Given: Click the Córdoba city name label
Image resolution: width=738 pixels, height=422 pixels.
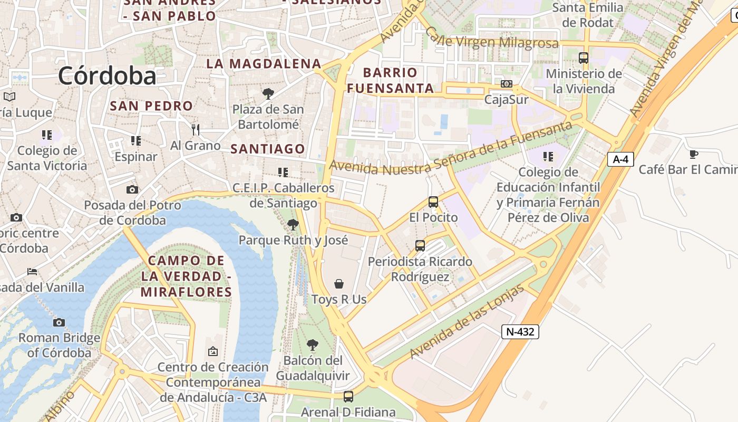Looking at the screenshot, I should click(x=107, y=75).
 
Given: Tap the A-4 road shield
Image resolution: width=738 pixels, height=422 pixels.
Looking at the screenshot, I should click(x=620, y=159).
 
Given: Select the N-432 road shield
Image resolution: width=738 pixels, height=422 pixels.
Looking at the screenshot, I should click(x=520, y=331).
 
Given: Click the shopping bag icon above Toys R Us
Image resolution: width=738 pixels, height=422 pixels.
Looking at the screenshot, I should click(x=339, y=284).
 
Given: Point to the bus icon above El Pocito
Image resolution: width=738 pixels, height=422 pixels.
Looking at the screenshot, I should click(x=433, y=202).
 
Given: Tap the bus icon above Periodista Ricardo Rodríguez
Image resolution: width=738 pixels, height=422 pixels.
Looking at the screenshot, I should click(x=420, y=245).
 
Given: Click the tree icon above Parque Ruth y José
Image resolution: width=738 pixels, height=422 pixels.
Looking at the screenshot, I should click(x=293, y=225).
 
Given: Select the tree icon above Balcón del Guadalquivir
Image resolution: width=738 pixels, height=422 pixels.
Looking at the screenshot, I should click(x=313, y=345).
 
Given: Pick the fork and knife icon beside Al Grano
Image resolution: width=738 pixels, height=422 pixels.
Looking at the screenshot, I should click(x=196, y=129).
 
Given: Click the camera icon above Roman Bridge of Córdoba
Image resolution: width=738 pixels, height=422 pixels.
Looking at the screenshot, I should click(x=59, y=322).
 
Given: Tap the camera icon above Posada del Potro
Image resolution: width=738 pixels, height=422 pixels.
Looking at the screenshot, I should click(x=132, y=189).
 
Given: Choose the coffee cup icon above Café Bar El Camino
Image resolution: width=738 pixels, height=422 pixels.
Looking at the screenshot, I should click(x=694, y=154).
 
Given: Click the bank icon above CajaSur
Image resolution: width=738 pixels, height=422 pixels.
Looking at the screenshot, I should click(x=506, y=84).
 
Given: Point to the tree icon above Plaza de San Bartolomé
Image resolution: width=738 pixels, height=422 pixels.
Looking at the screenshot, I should click(x=268, y=94).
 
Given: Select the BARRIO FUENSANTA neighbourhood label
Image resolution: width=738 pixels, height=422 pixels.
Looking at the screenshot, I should click(x=391, y=80).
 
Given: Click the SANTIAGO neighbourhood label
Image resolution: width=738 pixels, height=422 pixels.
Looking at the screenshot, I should click(x=268, y=149).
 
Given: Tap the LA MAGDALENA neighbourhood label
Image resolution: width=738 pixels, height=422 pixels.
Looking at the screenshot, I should click(x=264, y=64).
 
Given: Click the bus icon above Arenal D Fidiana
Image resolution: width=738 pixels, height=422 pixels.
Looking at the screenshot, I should click(x=348, y=396).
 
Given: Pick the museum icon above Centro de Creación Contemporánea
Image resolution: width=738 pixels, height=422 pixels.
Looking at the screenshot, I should click(x=213, y=351).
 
